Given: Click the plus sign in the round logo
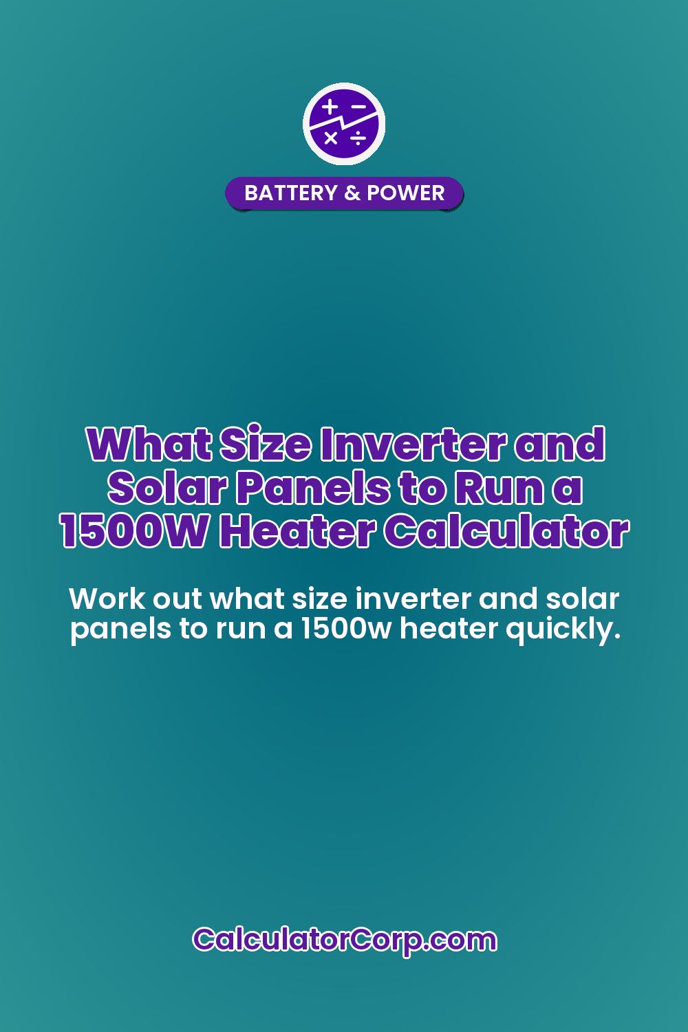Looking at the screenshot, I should click(330, 107).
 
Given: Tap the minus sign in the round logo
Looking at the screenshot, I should click(358, 107).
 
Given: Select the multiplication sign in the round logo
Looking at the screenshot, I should click(331, 138).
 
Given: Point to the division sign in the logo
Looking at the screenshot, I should click(358, 138).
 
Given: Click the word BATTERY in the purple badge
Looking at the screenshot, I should click(290, 193).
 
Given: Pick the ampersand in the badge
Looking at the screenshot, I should click(352, 193).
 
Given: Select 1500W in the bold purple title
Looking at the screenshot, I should click(134, 531).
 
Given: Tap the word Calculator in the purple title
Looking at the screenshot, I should click(506, 531).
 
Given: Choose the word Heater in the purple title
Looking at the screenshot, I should click(297, 531).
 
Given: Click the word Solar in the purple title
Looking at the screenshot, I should click(166, 488).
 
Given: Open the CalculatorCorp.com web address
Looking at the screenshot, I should click(344, 940).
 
